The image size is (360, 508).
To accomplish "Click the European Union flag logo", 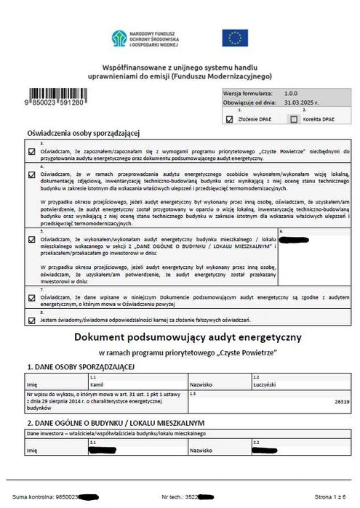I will [236, 38].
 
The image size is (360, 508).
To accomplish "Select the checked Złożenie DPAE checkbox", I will [230, 119].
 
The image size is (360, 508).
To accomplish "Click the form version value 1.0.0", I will [291, 93].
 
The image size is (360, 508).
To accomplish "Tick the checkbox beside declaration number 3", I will [31, 151].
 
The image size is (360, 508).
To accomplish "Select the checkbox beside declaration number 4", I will [31, 174].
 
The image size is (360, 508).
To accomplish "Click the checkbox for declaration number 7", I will [31, 297].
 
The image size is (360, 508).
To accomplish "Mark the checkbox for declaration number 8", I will [31, 320].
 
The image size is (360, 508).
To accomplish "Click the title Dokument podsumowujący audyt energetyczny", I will [188, 339].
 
